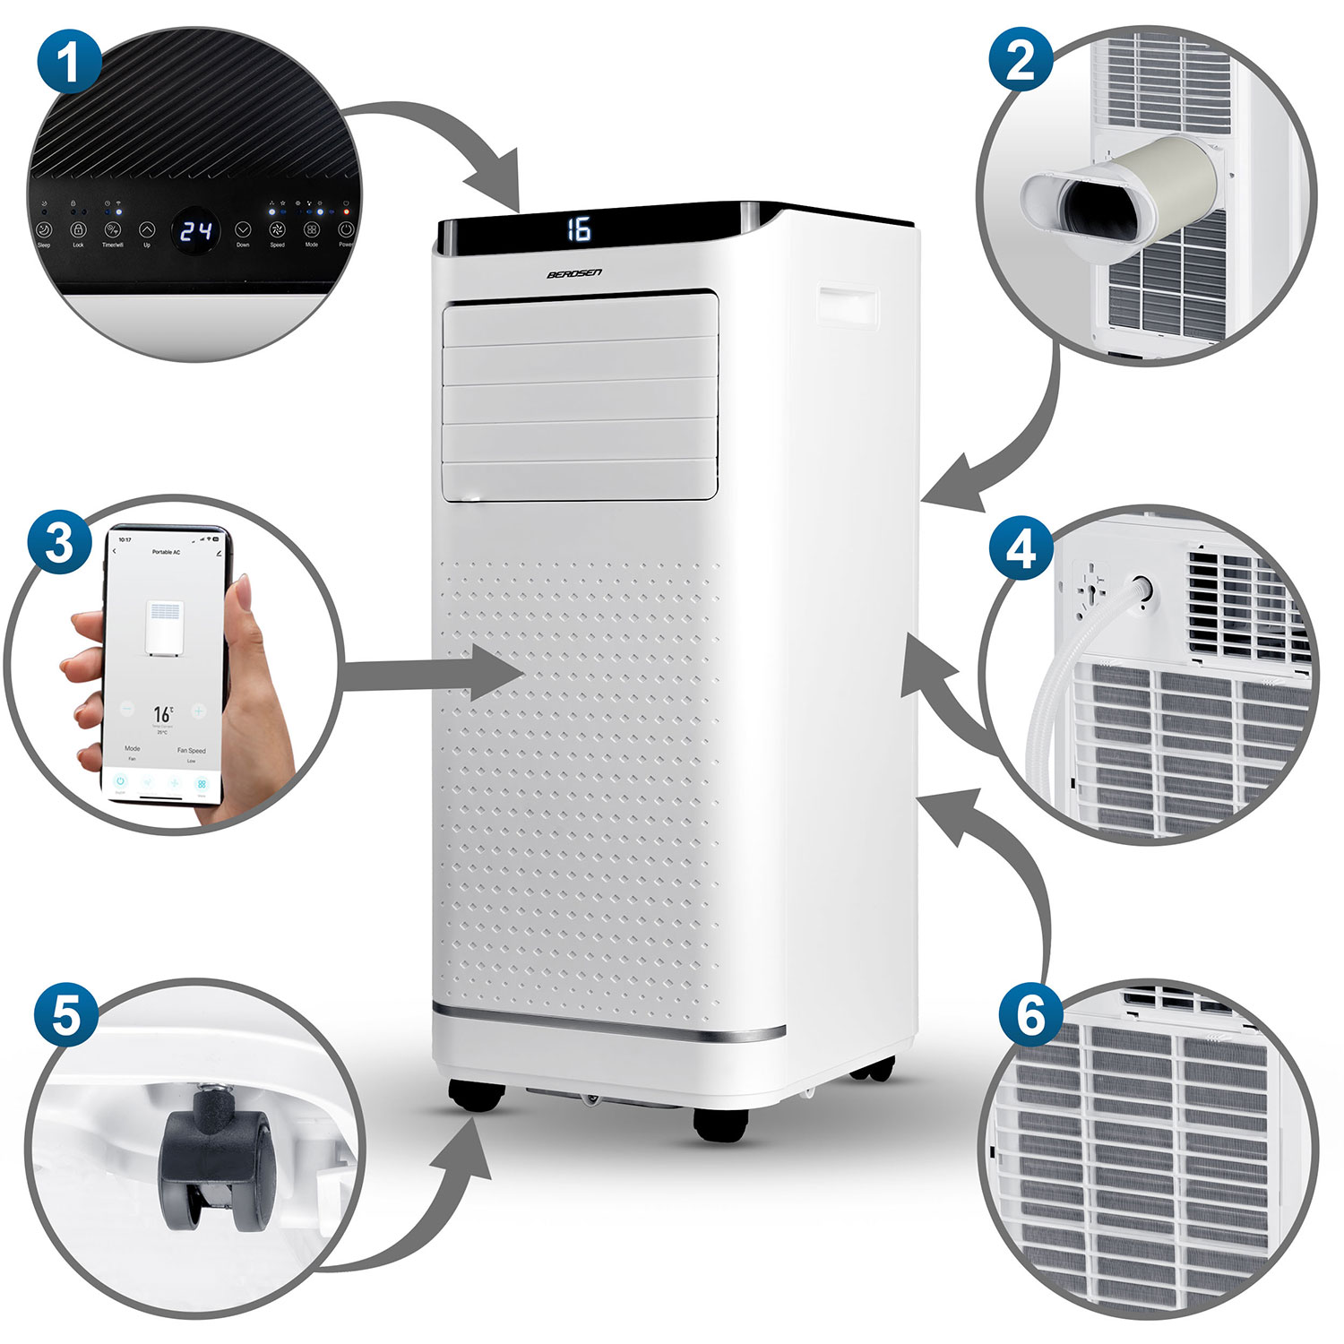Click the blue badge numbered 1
pos(69,60)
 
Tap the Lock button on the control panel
pos(78,230)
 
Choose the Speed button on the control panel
pos(278,230)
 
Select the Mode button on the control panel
pos(312,230)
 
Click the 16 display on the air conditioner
pos(580,229)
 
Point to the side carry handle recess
pos(847,305)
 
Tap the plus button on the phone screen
pos(198,711)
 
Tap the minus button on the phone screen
pos(127,711)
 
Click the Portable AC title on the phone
pos(166,552)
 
